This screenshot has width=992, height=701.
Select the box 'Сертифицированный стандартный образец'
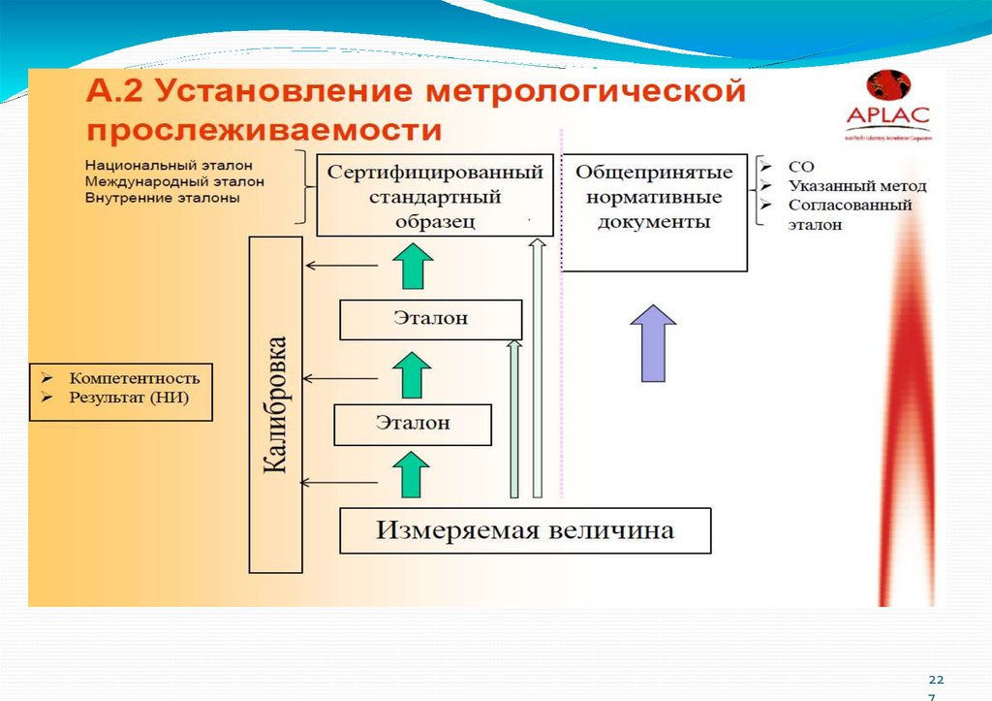click(x=435, y=195)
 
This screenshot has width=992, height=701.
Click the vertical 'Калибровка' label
click(x=276, y=404)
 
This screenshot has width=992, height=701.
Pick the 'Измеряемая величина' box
click(x=525, y=530)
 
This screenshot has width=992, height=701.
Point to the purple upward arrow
click(x=659, y=341)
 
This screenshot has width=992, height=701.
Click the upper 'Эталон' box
click(x=431, y=319)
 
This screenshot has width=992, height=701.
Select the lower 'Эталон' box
click(x=413, y=424)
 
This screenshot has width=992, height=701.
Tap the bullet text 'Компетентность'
click(x=134, y=378)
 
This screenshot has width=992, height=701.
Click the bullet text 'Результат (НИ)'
click(x=128, y=398)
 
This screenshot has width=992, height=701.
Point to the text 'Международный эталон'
click(x=173, y=180)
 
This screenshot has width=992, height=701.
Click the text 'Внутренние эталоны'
click(x=162, y=197)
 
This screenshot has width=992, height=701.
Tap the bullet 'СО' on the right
click(x=801, y=167)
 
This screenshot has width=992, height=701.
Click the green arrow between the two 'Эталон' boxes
click(x=414, y=373)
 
